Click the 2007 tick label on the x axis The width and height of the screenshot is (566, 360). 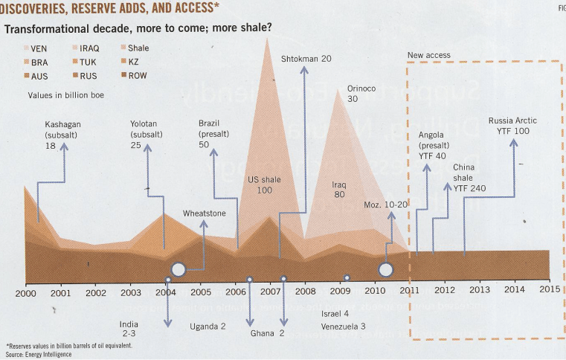pyautogui.click(x=270, y=292)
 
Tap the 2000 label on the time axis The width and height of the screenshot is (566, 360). pyautogui.click(x=25, y=292)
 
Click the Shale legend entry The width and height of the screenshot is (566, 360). pyautogui.click(x=132, y=48)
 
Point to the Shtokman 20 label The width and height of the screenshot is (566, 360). pyautogui.click(x=306, y=59)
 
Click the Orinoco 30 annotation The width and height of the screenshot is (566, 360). pyautogui.click(x=361, y=94)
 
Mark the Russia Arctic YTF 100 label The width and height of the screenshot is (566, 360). pyautogui.click(x=512, y=126)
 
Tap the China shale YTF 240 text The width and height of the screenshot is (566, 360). pyautogui.click(x=469, y=178)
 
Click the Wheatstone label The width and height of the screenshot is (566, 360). pyautogui.click(x=205, y=213)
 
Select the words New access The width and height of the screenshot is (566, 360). pyautogui.click(x=429, y=56)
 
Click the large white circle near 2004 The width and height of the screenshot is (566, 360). pyautogui.click(x=179, y=270)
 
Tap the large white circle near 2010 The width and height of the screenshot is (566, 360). pyautogui.click(x=385, y=269)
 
